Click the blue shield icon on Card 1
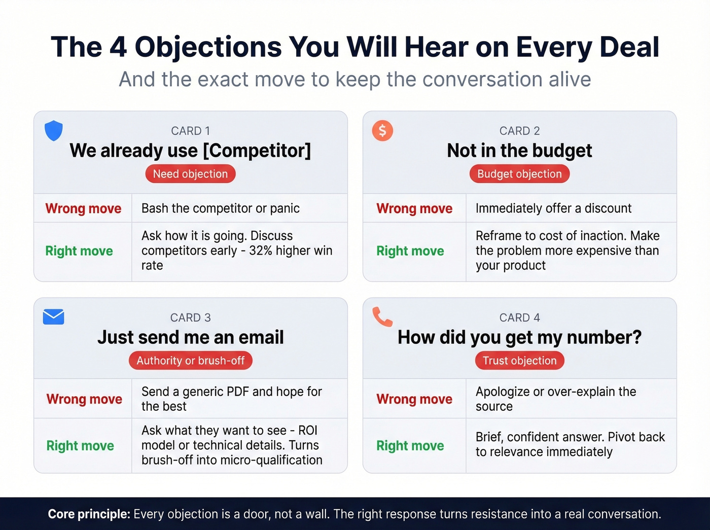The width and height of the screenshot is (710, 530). tap(54, 131)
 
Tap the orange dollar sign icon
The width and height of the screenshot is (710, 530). tap(382, 130)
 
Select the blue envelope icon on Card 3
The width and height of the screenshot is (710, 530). tap(54, 316)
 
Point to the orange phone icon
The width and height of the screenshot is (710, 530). tap(382, 316)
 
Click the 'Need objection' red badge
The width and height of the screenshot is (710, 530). tap(190, 174)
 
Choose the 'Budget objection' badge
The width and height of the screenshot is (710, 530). tap(519, 174)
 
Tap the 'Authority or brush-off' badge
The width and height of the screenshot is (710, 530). tap(190, 361)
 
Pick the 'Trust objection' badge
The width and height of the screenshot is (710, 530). tap(519, 361)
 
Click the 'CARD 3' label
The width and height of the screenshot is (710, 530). tap(190, 317)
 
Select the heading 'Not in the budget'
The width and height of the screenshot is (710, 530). tap(519, 151)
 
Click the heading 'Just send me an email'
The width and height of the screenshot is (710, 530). tap(190, 337)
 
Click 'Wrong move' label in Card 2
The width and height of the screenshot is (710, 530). tap(414, 208)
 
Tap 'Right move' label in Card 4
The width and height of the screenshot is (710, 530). tap(410, 446)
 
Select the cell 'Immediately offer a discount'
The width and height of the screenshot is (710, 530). tap(553, 208)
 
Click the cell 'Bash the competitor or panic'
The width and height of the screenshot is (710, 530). tap(220, 208)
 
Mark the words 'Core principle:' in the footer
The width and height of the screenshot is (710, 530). tap(89, 514)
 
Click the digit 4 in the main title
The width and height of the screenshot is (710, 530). tap(118, 47)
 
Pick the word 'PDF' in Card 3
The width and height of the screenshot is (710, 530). tap(237, 392)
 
